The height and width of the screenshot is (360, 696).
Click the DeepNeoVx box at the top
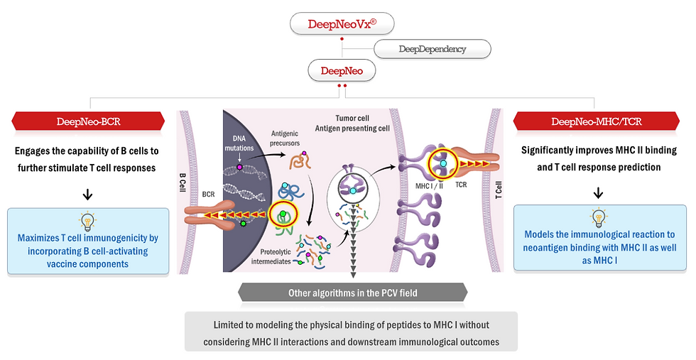(342, 23)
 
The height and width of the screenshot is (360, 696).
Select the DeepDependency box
(432, 49)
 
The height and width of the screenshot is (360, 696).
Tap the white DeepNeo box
(342, 70)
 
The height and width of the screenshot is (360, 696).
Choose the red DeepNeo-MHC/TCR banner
(597, 121)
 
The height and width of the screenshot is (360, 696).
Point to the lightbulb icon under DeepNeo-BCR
(89, 220)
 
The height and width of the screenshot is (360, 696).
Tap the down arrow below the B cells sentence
(89, 193)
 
